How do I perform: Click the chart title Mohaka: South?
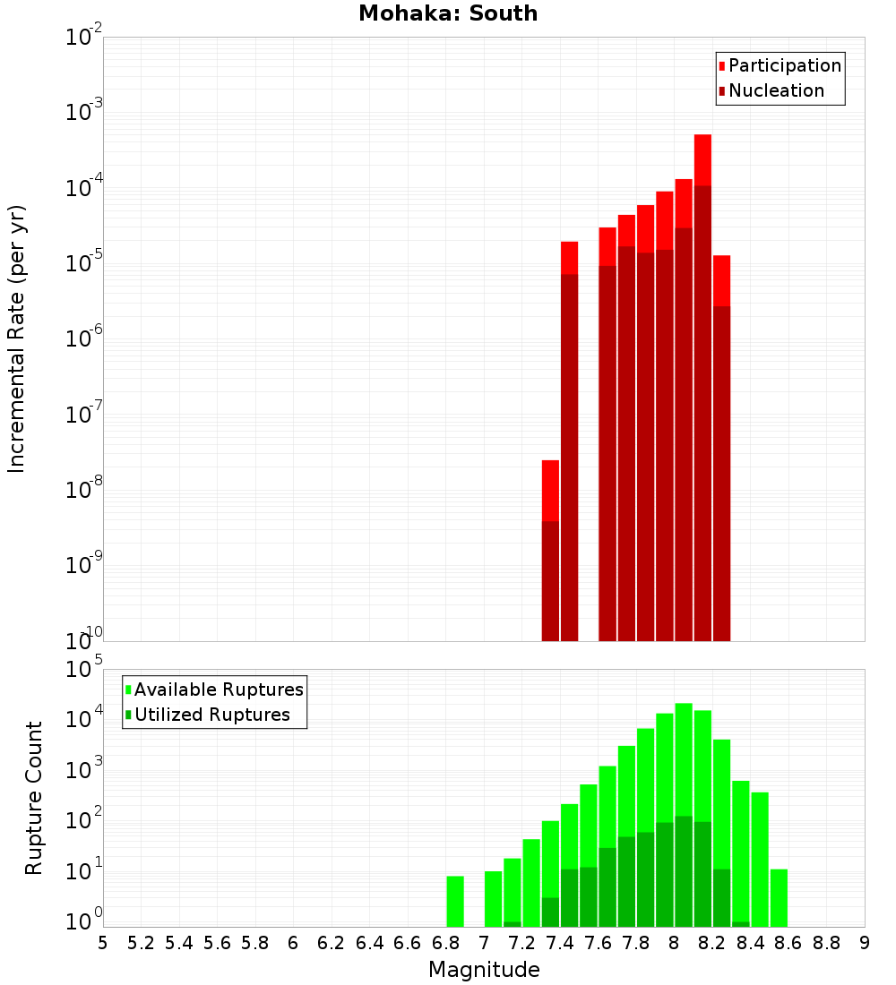coord(448,13)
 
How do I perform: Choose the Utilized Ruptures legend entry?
coord(211,715)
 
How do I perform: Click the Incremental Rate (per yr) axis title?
coord(17,338)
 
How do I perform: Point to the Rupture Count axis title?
coord(34,798)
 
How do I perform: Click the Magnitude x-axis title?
coord(484,970)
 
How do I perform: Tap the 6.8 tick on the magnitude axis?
coord(445,943)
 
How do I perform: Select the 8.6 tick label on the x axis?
coord(788,943)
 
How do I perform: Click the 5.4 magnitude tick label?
coord(179,943)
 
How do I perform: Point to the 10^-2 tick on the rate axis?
coord(84,38)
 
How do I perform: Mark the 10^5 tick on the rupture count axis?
coord(84,670)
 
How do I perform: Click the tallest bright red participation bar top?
coord(702,137)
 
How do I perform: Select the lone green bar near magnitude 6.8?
coord(455,901)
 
